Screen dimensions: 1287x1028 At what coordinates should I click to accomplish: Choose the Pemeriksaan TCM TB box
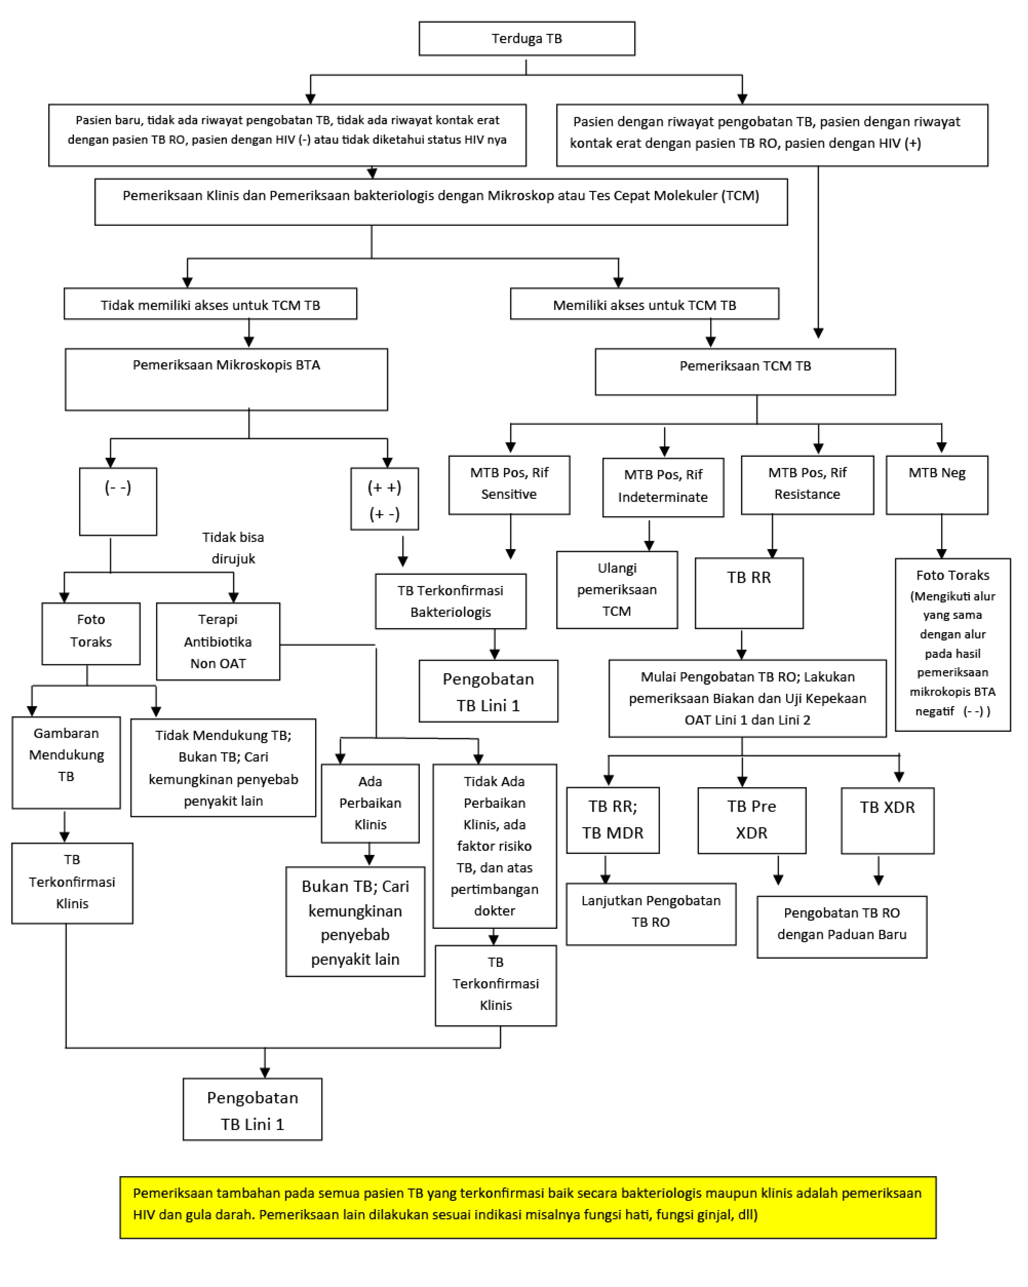point(745,371)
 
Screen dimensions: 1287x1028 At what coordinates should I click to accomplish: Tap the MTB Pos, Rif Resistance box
point(807,485)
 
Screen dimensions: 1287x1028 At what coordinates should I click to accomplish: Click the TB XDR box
point(887,820)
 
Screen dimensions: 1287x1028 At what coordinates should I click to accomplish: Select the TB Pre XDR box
point(752,820)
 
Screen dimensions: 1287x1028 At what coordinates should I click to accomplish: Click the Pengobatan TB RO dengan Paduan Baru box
point(842,927)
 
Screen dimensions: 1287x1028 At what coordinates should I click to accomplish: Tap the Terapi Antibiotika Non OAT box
point(218,641)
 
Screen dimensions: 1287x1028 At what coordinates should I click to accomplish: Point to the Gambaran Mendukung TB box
point(66,762)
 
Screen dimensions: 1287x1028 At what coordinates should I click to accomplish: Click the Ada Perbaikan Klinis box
point(370,803)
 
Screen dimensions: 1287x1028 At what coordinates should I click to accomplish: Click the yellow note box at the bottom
point(528,1207)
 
